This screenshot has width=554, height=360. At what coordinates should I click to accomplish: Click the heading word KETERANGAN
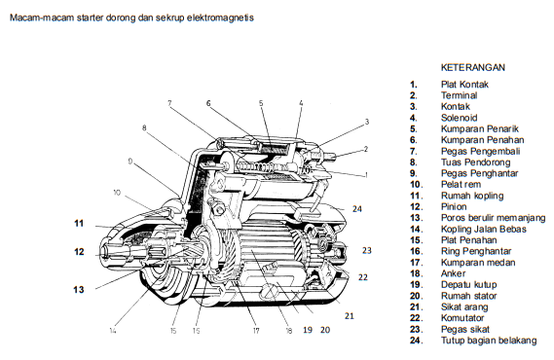click(x=473, y=67)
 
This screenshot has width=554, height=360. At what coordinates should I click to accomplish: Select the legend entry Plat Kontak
click(x=464, y=85)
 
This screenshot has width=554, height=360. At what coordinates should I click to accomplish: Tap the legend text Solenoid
click(x=459, y=118)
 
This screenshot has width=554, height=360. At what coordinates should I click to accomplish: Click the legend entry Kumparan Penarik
click(x=479, y=128)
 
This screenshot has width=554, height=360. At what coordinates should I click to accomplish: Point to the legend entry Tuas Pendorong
click(x=475, y=162)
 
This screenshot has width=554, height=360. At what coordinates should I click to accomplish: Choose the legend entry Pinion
click(x=454, y=207)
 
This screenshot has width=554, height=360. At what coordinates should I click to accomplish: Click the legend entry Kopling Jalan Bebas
click(x=483, y=229)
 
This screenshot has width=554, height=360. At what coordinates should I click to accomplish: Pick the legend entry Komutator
click(x=462, y=318)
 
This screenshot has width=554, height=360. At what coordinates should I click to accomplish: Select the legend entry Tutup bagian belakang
click(x=489, y=341)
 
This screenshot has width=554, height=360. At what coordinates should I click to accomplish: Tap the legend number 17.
click(x=416, y=263)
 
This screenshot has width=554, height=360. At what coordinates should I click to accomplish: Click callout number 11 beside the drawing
click(x=79, y=224)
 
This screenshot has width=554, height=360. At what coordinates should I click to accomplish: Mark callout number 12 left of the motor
click(x=79, y=252)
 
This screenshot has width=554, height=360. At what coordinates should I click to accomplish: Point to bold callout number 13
click(x=79, y=289)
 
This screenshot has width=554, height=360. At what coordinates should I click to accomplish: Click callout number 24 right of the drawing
click(x=357, y=209)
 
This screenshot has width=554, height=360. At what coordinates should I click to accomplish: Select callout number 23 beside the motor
click(x=367, y=250)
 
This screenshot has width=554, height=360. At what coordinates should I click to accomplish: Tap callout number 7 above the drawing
click(x=169, y=103)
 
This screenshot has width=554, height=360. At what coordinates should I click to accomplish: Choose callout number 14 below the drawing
click(x=112, y=331)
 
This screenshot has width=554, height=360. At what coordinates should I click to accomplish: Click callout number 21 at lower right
click(x=350, y=316)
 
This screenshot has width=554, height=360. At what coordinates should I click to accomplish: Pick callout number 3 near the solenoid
click(x=367, y=122)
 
